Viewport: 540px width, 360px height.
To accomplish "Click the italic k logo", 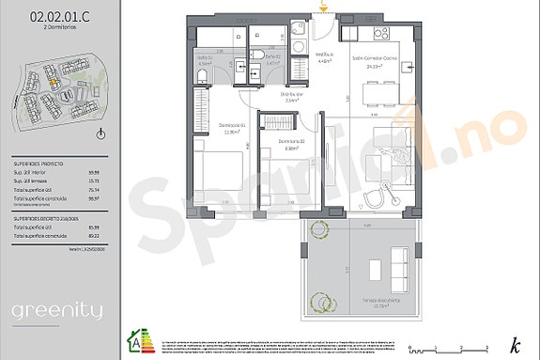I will click(513, 344).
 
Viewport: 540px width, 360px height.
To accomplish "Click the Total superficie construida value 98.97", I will click(93, 199).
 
